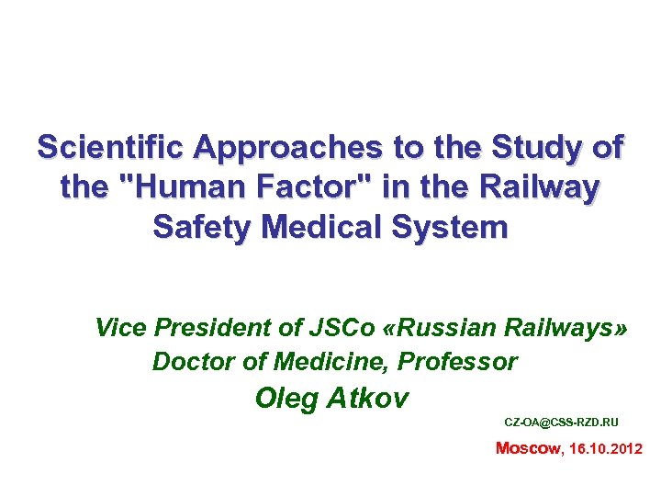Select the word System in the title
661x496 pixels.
pos(457,228)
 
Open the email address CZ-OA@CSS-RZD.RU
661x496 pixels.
pos(561,423)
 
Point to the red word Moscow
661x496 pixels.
pos(527,449)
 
